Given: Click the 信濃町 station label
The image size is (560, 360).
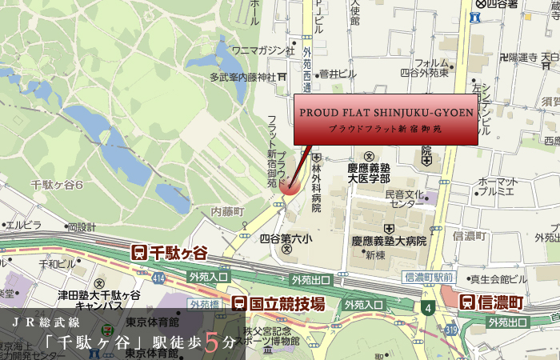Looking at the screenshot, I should tap(491, 302).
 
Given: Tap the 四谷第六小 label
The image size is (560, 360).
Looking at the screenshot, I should tap(286, 238).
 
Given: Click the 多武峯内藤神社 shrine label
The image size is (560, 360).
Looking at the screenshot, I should tap(242, 77).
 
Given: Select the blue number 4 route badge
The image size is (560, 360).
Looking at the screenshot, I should tap(429, 306).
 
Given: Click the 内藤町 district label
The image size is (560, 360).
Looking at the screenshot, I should tap(226, 211).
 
